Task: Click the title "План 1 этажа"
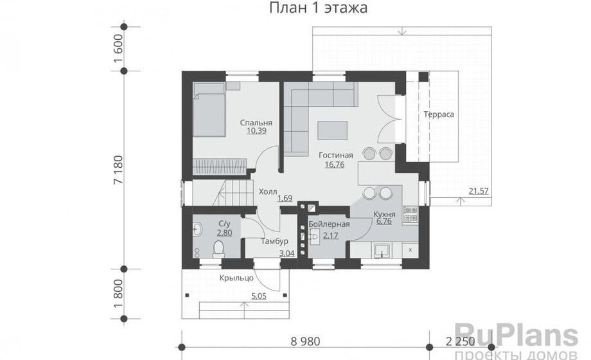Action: [318, 8]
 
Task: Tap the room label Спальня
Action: [256, 123]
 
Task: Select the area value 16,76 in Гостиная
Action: [334, 164]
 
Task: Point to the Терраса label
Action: [439, 114]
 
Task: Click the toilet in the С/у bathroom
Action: [218, 249]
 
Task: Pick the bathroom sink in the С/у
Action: [197, 228]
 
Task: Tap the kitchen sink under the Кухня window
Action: [382, 250]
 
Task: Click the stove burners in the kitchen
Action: [410, 214]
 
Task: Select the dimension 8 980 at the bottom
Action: [305, 341]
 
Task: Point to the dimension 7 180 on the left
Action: [118, 170]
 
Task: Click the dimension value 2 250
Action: [460, 341]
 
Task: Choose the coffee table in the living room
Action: [332, 130]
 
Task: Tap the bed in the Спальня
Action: [209, 109]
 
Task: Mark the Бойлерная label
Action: [329, 224]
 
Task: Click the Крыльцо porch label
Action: [236, 278]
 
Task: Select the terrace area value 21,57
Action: [479, 191]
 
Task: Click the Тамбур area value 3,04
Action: [287, 253]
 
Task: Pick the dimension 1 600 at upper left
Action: [118, 49]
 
